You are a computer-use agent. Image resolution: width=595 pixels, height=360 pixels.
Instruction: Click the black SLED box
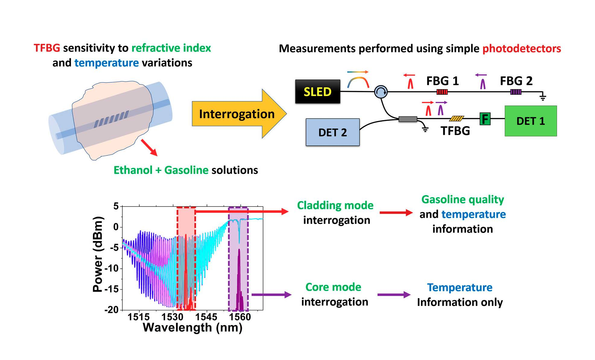point(317,92)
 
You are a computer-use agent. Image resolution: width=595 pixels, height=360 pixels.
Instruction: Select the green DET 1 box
point(530,121)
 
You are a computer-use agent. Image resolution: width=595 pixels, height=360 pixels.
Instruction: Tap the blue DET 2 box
point(332,132)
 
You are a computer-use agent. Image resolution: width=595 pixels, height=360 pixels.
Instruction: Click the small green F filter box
point(485,119)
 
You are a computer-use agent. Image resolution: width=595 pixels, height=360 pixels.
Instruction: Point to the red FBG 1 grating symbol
point(442,92)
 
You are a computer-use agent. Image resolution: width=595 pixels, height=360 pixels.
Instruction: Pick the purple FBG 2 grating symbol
point(515,92)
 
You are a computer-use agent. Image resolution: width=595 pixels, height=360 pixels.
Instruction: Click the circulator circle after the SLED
point(381,92)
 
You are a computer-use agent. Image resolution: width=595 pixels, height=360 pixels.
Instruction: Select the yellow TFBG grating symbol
point(456,119)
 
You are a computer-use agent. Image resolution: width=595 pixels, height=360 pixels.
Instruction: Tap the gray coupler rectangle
point(408,119)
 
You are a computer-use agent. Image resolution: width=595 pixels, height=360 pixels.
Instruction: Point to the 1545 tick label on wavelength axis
point(206,317)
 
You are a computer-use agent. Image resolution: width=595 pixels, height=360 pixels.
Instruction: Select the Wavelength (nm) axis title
point(192,327)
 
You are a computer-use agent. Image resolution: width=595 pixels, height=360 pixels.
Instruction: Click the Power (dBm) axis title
point(98,254)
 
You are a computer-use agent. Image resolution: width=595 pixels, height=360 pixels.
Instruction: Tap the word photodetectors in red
point(521,49)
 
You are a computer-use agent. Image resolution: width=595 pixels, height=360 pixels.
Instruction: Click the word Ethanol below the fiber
point(133,170)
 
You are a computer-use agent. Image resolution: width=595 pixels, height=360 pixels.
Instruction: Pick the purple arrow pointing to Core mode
point(271,295)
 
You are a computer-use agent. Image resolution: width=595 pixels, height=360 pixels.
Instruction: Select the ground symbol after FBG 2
point(543,97)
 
